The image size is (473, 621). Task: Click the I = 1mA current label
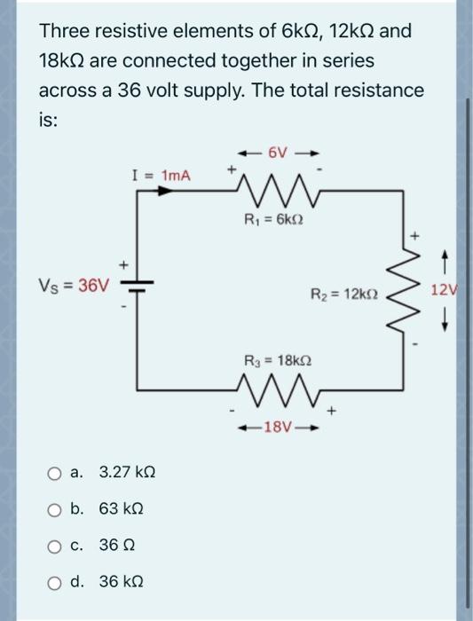pyautogui.click(x=163, y=177)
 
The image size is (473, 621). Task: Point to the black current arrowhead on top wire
pyautogui.click(x=189, y=193)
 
